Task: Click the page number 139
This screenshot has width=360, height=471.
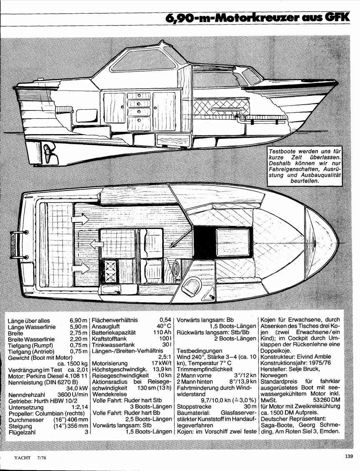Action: (349, 456)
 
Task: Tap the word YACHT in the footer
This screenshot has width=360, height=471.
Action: (22, 458)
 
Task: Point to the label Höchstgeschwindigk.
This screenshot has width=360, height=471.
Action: (120, 369)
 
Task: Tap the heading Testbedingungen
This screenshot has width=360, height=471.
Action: (199, 351)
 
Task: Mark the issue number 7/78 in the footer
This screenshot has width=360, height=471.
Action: (42, 458)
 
